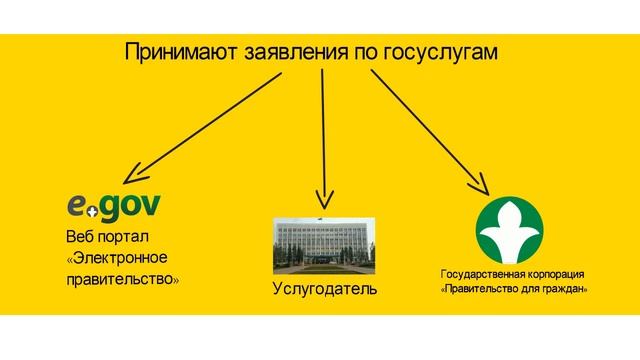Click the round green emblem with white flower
point(514,229)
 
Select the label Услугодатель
point(324,290)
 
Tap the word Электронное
point(122,258)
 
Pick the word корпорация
point(555,274)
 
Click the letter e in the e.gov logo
point(77,206)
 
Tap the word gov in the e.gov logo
point(128,206)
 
